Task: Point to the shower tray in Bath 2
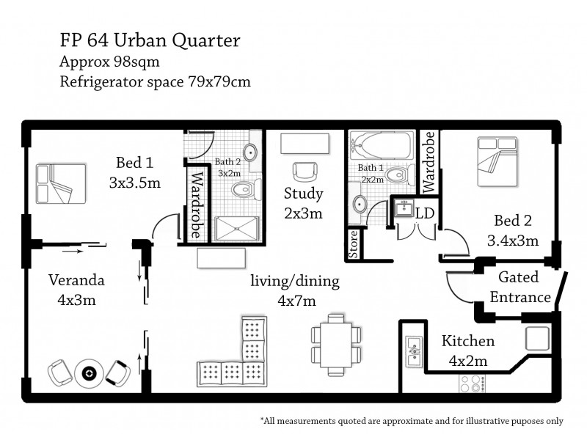[x=238, y=227]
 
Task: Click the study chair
[x=304, y=172]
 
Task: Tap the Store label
[x=354, y=244]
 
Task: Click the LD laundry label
[x=425, y=213]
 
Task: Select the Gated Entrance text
[x=519, y=287]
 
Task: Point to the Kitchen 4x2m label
[x=468, y=351]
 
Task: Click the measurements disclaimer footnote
[x=412, y=421]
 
